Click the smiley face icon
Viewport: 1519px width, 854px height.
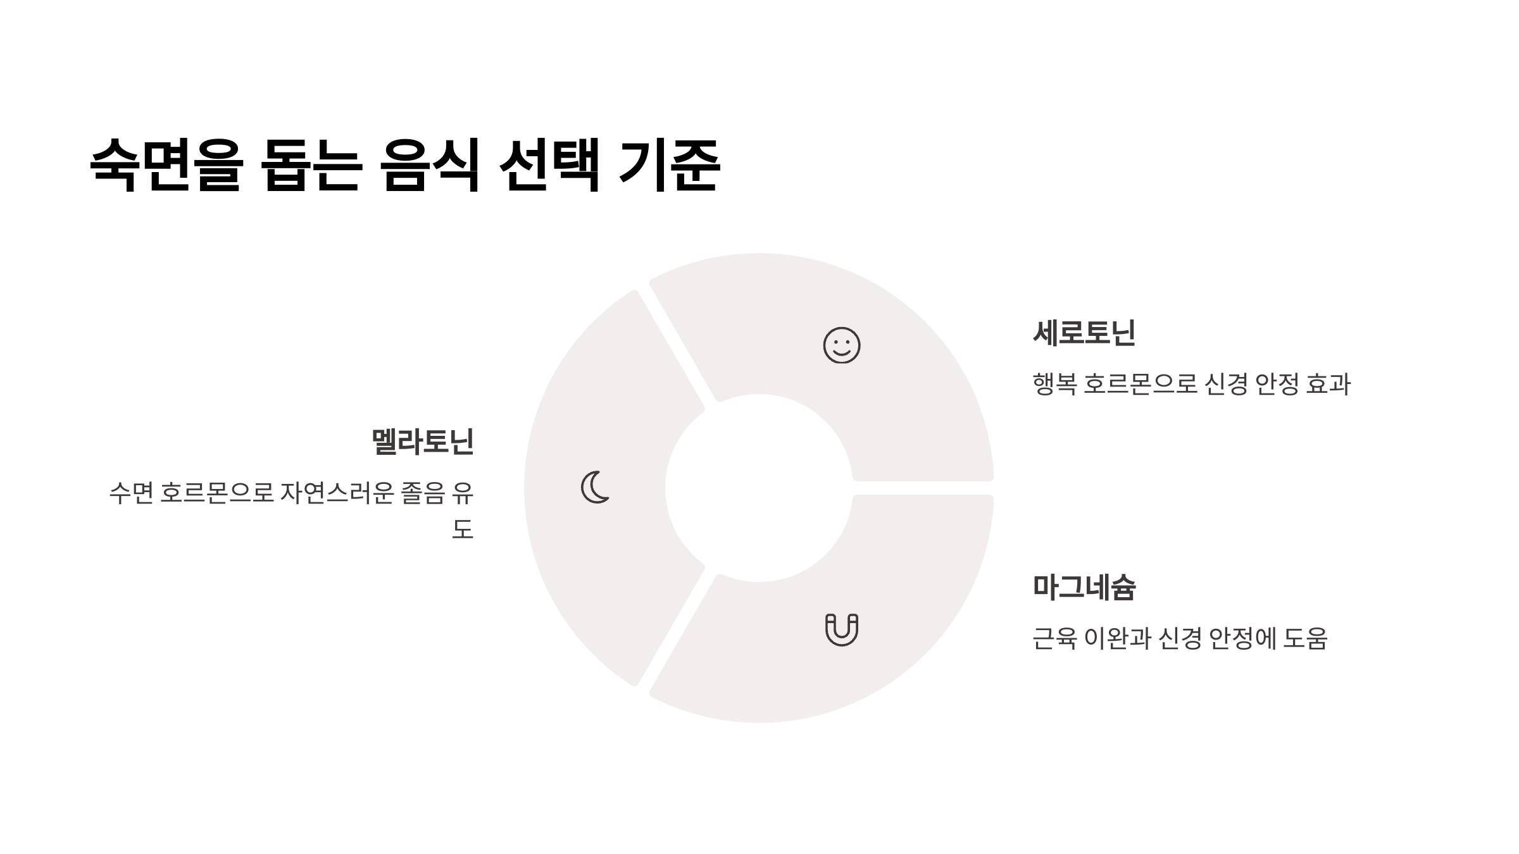click(x=841, y=345)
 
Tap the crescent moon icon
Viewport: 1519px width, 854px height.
click(x=595, y=487)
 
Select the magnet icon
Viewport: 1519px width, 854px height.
click(x=841, y=629)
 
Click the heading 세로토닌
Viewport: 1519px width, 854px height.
click(x=1084, y=333)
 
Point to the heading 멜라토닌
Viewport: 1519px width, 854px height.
click(x=422, y=442)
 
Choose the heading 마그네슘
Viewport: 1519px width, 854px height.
click(x=1084, y=587)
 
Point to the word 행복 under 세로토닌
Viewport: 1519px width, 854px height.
click(x=1054, y=384)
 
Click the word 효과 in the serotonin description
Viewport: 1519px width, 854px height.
click(x=1328, y=384)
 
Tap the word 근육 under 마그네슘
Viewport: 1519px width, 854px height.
click(x=1054, y=638)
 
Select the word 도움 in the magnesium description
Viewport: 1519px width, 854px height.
click(x=1305, y=638)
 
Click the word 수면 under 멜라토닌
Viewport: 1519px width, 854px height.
click(x=131, y=493)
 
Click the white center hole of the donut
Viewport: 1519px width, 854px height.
click(x=759, y=488)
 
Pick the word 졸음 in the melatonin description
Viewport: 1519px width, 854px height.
click(x=423, y=493)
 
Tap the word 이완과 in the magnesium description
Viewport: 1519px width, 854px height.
click(x=1117, y=638)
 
